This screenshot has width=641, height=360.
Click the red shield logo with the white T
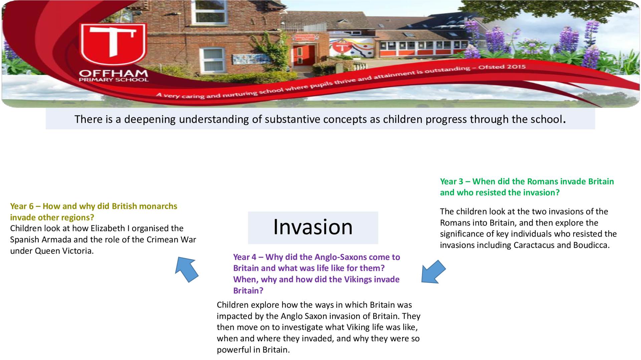(113, 44)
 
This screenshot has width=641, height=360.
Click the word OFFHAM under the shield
(114, 73)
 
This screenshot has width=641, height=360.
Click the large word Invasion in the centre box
(313, 227)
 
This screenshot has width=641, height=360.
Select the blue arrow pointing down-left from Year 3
(433, 272)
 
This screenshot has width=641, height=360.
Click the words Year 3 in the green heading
(451, 182)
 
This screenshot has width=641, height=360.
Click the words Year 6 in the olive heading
(22, 206)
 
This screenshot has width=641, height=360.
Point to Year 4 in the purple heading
(245, 257)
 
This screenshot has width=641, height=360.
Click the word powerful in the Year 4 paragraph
(233, 350)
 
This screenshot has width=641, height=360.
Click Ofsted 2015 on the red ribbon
(502, 67)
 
